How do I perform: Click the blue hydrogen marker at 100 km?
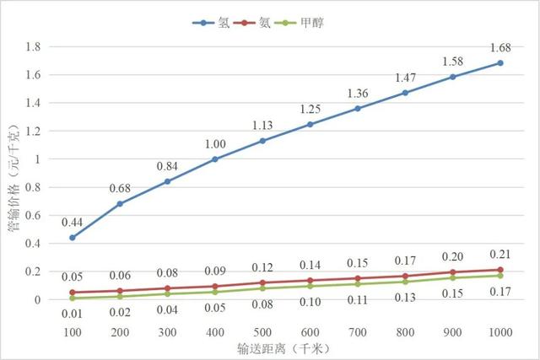[x=73, y=238]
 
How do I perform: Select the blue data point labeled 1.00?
[x=215, y=159]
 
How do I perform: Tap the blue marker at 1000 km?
[x=500, y=63]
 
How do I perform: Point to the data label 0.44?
[x=73, y=222]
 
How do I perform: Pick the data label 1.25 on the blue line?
[x=310, y=109]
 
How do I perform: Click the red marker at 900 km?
[x=453, y=272]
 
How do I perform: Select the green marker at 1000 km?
[x=500, y=276]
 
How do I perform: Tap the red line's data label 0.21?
[x=500, y=254]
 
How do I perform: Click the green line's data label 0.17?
[x=500, y=292]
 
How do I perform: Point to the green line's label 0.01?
[x=73, y=314]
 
